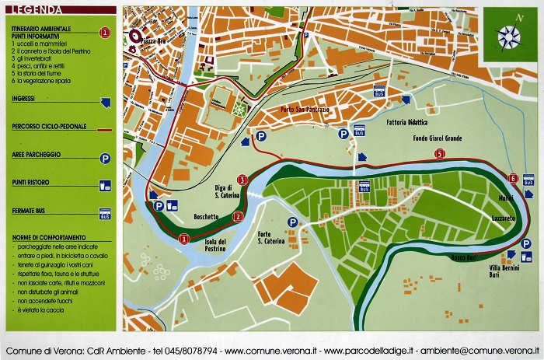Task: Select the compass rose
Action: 509,34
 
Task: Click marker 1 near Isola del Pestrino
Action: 184,239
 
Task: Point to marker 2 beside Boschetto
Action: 238,216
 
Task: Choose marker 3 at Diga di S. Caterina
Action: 242,180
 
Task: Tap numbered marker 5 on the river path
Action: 440,154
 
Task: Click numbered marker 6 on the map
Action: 512,178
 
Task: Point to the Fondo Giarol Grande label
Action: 437,138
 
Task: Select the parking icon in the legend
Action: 105,158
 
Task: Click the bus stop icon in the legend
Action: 105,213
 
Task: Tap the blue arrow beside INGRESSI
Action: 105,102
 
